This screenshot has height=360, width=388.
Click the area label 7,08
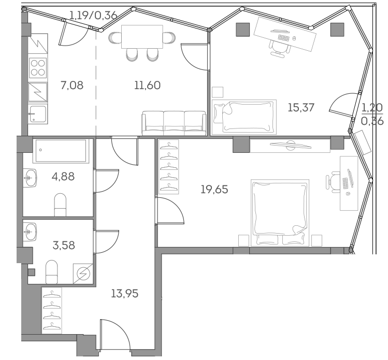coord(71,85)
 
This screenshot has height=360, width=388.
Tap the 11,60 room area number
coord(147,85)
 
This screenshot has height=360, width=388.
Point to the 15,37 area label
coord(301,107)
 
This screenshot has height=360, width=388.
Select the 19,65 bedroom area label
coord(214,189)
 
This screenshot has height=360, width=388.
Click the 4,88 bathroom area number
coord(63,176)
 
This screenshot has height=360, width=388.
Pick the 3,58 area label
coord(63,245)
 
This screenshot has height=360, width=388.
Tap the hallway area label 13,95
coord(125,294)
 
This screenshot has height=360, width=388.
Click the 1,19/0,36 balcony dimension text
coord(93,15)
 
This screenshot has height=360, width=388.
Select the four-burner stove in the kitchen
coord(38,68)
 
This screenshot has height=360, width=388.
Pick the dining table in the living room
coord(141,37)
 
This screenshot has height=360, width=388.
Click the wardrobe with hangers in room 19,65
coord(168,167)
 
